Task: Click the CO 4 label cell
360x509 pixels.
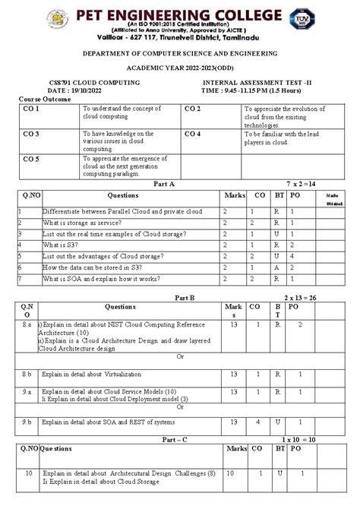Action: (x=192, y=134)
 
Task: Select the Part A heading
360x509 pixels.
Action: (x=164, y=184)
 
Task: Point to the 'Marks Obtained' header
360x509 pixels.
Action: (x=335, y=200)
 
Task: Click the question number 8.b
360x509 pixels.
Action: (x=27, y=375)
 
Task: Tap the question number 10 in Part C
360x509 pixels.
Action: (x=28, y=473)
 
